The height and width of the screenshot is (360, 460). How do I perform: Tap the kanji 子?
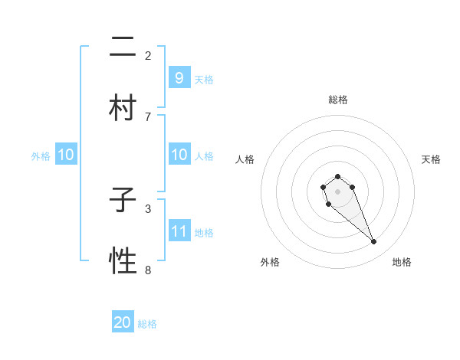point(123,201)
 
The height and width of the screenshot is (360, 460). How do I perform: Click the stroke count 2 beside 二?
point(148,55)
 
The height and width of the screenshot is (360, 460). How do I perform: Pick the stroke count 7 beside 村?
point(148,116)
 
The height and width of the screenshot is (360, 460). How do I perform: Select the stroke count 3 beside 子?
point(148,208)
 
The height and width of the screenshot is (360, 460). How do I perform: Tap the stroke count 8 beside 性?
point(148,270)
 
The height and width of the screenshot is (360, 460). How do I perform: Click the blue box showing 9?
point(179,77)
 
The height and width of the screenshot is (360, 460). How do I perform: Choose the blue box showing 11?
point(179,231)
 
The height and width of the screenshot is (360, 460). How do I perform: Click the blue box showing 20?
point(123,322)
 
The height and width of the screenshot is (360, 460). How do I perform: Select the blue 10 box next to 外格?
point(66,155)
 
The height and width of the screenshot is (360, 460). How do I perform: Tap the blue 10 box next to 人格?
point(179,155)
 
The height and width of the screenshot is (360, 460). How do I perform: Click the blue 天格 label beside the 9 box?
point(204,79)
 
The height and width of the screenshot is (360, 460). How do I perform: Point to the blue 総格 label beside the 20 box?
point(147,324)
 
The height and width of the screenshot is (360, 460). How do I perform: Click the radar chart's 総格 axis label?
point(337,100)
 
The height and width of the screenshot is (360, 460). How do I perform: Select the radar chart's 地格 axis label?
point(402,262)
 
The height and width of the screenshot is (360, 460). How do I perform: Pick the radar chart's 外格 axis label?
point(270,262)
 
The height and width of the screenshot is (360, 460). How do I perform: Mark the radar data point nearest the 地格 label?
point(374,242)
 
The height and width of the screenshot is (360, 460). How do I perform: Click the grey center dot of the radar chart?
point(337,190)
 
